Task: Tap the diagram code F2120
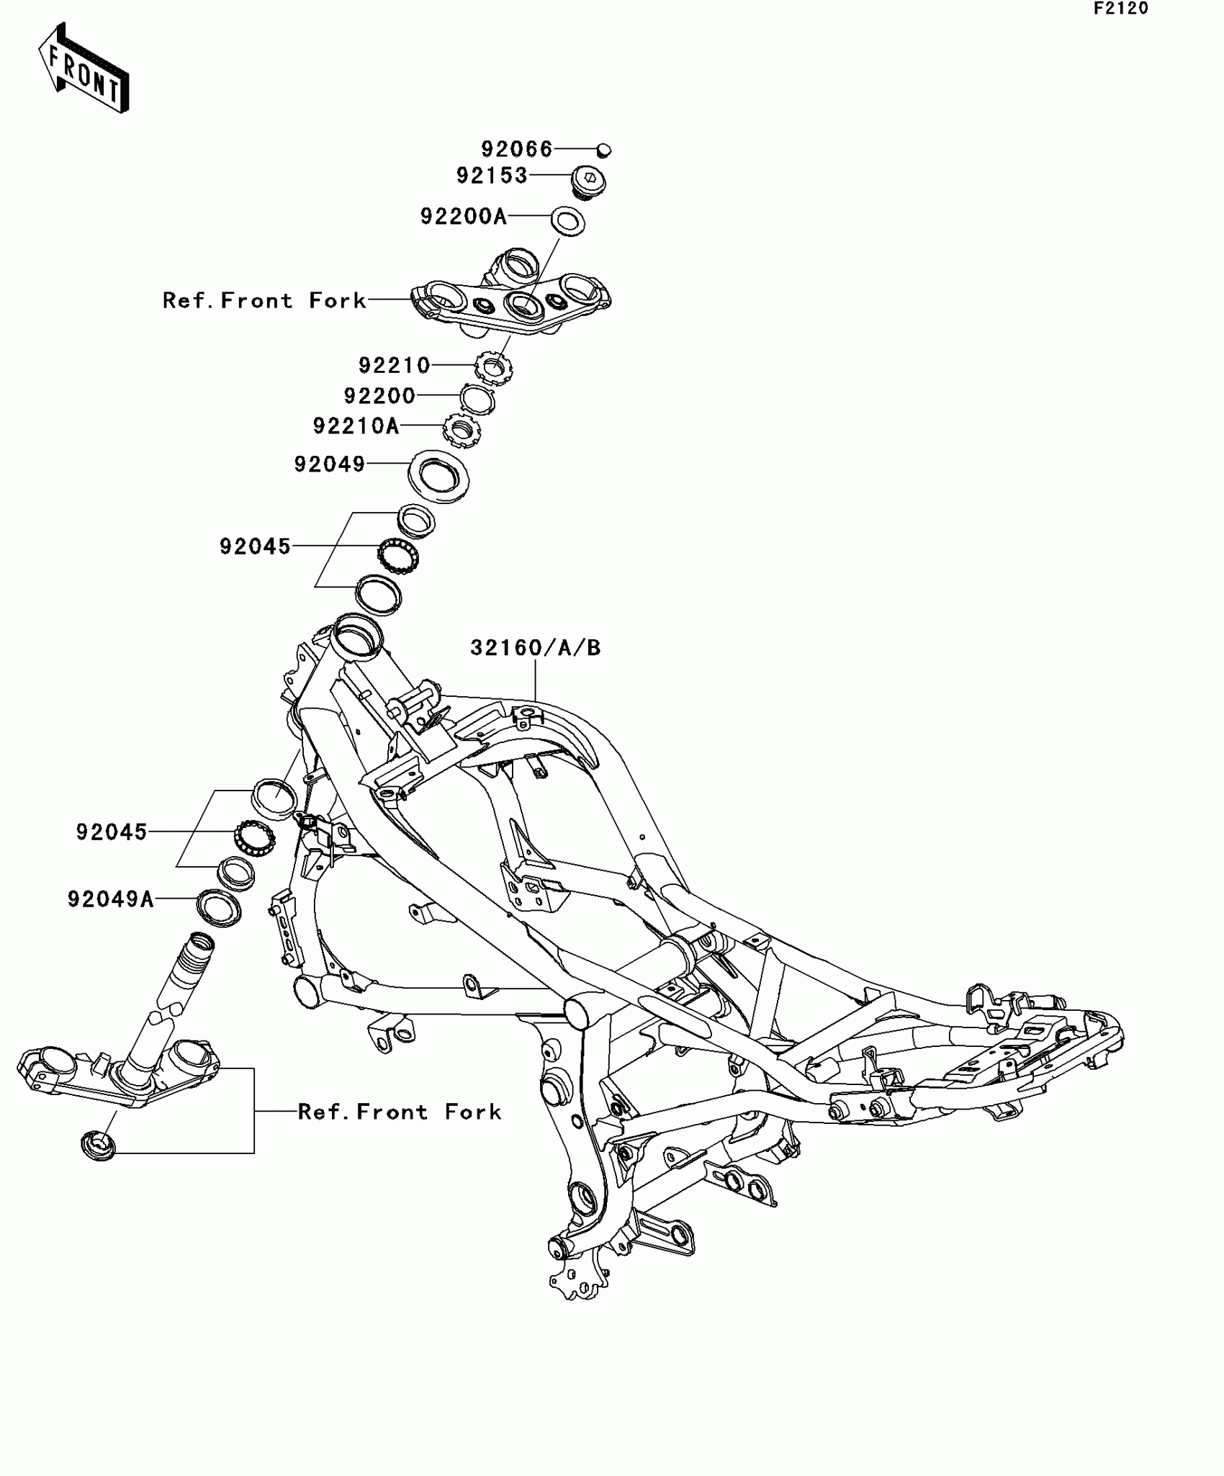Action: click(x=1121, y=9)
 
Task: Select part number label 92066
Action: click(x=516, y=149)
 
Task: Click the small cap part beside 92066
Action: click(x=604, y=150)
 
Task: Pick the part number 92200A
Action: click(x=464, y=216)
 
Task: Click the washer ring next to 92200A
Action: click(x=567, y=221)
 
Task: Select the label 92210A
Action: click(x=356, y=426)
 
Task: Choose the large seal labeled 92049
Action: click(x=439, y=475)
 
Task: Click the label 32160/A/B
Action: click(x=536, y=648)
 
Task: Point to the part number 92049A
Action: click(x=111, y=899)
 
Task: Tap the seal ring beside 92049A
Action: click(x=219, y=908)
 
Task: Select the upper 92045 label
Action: click(x=255, y=546)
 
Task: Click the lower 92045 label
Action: click(x=112, y=832)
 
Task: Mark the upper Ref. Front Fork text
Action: click(x=264, y=300)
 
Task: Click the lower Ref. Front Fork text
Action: click(x=400, y=1112)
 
